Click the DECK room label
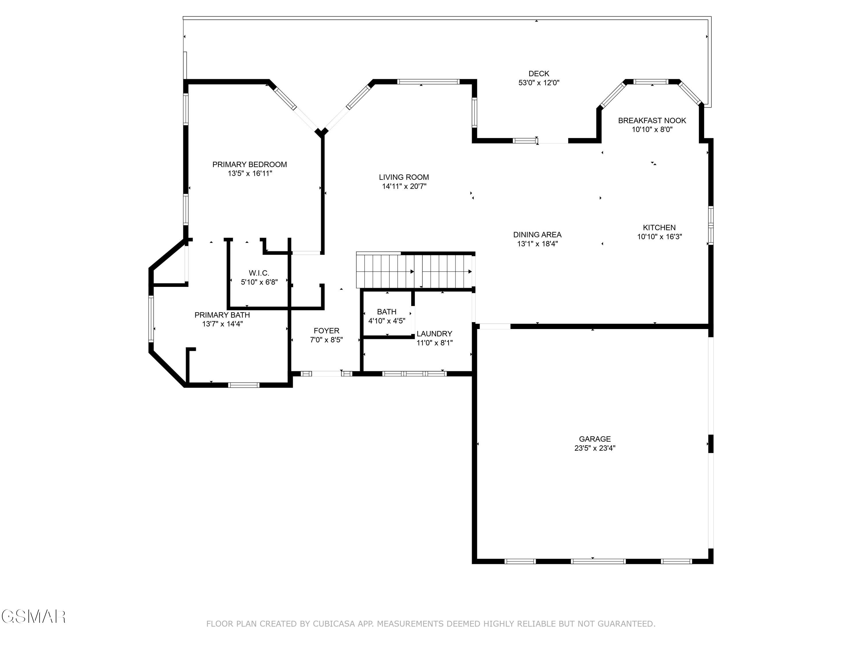pos(538,74)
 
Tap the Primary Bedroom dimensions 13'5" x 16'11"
pos(249,174)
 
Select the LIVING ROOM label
pos(404,177)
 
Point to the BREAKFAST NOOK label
pos(652,121)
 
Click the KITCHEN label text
pos(659,227)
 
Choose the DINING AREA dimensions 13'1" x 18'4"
pos(537,244)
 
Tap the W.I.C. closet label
pos(259,273)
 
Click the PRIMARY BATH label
pos(222,315)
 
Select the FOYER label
pos(326,330)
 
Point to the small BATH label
pos(386,312)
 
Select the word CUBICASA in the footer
pos(334,624)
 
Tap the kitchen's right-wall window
pos(710,225)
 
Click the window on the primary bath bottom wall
pos(244,385)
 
